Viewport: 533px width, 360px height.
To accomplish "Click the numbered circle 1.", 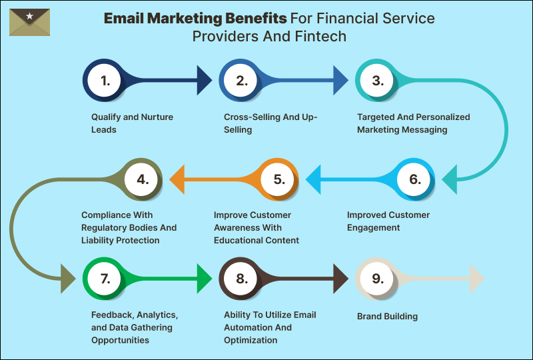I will (x=105, y=81).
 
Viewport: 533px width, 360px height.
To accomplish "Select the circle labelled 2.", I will (x=241, y=81).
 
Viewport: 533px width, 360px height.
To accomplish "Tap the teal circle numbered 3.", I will (x=378, y=81).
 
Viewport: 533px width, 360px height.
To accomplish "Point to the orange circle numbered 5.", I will (x=278, y=179).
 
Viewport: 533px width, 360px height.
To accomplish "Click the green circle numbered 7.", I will (x=105, y=279).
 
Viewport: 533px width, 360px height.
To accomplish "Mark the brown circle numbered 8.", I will (x=241, y=279).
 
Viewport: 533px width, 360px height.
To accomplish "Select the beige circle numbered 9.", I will (x=378, y=279).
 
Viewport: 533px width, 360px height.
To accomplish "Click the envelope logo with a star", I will (x=29, y=22).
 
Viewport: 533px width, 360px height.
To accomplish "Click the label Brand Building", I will (x=387, y=316).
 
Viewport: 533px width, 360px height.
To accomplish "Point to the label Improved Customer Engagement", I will (x=388, y=221).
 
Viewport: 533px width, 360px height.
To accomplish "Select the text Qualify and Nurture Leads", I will (x=132, y=123).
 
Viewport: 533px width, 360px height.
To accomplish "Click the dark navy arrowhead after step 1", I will (x=203, y=81).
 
